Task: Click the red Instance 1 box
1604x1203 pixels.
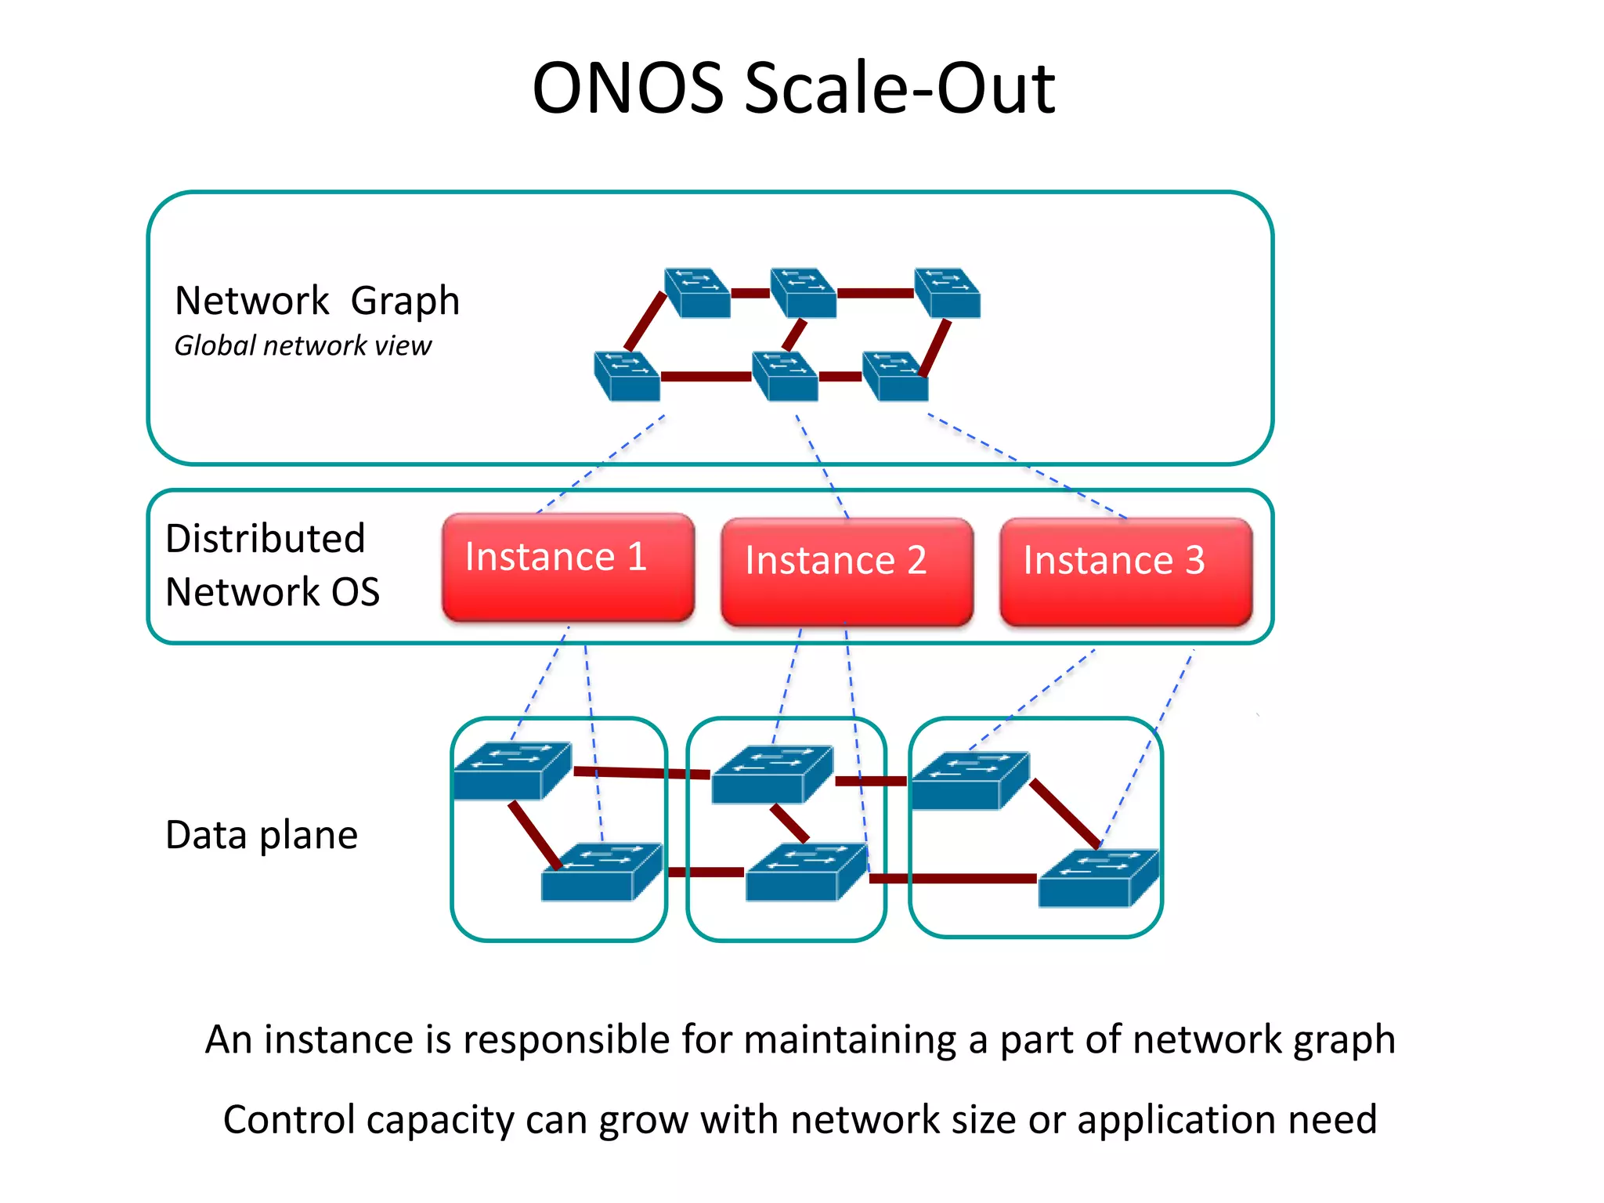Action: tap(568, 568)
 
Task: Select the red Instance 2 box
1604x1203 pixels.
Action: tap(847, 572)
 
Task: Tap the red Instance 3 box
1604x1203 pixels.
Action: tap(1125, 572)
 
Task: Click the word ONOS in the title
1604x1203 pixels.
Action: tap(627, 88)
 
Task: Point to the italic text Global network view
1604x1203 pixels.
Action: tap(302, 345)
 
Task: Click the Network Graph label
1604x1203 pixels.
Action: tap(316, 301)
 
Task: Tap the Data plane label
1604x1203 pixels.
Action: tap(262, 835)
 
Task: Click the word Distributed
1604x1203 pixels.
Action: tap(266, 539)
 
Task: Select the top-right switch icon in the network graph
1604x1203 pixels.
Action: tap(947, 293)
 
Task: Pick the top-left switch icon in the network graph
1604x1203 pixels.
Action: tap(696, 293)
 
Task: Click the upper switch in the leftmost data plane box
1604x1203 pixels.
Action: tap(512, 771)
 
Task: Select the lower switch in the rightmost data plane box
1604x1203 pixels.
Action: tap(1098, 878)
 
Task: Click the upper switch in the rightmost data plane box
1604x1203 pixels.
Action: tap(970, 780)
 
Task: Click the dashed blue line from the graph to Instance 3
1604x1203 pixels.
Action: tap(1026, 466)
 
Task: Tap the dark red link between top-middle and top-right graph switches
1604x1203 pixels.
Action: tap(875, 294)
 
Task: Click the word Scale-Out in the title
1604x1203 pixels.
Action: tap(899, 88)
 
